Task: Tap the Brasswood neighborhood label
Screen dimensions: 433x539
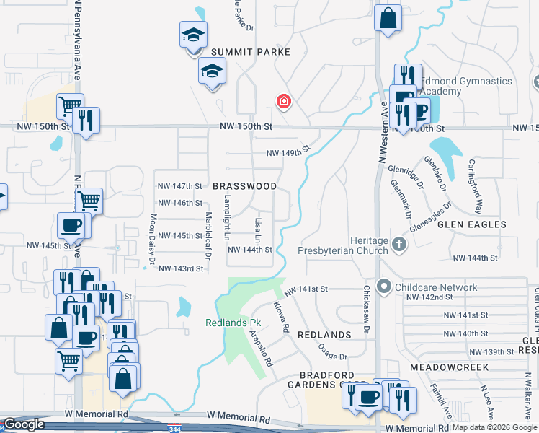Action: [245, 186]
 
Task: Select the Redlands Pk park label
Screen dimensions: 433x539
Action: [232, 323]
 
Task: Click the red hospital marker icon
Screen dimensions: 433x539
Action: [284, 101]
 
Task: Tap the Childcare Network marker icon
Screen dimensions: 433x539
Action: [383, 287]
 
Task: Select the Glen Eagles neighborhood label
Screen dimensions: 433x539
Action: [472, 224]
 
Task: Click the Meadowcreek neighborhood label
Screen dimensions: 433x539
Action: [449, 367]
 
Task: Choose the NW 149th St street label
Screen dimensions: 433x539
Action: [288, 152]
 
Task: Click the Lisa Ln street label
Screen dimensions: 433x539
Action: [257, 226]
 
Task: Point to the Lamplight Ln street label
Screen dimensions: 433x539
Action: [226, 217]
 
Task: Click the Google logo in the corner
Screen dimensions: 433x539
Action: [23, 425]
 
